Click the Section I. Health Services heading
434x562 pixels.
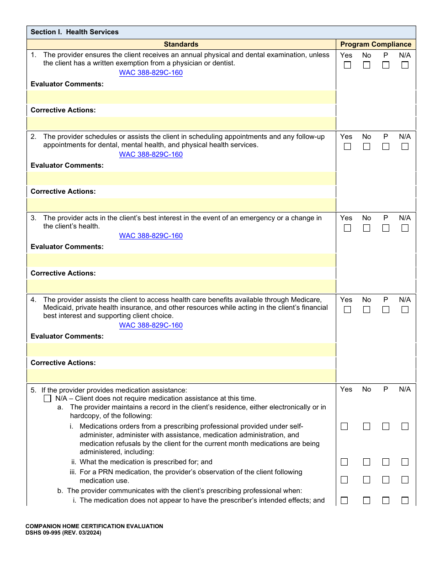coord(74,32)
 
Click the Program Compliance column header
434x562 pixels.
coord(376,44)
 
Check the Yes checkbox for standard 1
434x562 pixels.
coord(348,65)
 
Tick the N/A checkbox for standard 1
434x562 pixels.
coord(405,65)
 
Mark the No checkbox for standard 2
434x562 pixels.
coord(366,147)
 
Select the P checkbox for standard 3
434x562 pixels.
coord(386,228)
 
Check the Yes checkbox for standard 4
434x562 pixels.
coord(348,310)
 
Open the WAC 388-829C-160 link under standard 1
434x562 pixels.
coord(151,73)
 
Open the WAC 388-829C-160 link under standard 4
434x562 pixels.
coord(151,325)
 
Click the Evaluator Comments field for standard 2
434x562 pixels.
coord(181,178)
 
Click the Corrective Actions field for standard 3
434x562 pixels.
coord(181,286)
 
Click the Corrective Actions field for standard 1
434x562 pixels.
coord(181,123)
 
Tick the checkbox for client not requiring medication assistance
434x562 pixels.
coord(48,398)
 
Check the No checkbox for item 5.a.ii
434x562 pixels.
coord(366,462)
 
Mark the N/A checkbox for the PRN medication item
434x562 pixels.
coord(405,480)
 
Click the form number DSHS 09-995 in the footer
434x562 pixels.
coord(63,533)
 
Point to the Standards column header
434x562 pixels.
coord(181,44)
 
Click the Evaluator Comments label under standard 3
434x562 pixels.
coord(67,247)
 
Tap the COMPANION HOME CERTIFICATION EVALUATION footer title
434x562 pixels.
coord(94,526)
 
